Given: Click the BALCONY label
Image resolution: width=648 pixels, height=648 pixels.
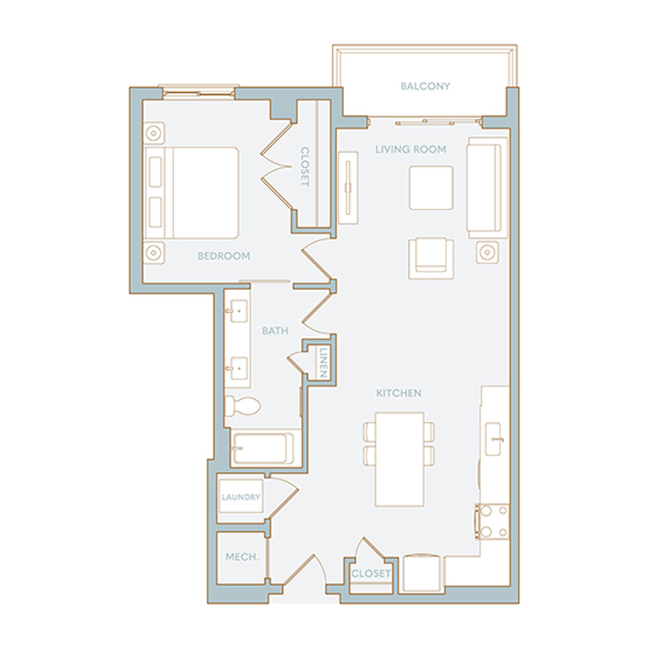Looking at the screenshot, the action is [x=425, y=86].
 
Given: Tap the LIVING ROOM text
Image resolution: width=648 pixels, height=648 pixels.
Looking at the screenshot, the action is [x=410, y=149].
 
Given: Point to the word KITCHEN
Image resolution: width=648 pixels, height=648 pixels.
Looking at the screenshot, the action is [x=398, y=393].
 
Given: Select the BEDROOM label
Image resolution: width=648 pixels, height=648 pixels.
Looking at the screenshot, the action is [x=224, y=256].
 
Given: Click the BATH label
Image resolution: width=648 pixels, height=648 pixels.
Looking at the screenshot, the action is [x=275, y=330].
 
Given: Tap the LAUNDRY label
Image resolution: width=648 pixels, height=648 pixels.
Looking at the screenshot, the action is [x=241, y=497].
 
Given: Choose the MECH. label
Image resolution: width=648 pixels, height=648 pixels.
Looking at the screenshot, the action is [x=242, y=557].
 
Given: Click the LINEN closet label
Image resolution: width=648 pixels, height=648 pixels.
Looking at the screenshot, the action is [x=323, y=362].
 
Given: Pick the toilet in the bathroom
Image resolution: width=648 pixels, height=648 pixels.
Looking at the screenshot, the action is [x=243, y=406].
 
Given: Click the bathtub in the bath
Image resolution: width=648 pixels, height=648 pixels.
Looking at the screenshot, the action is [x=262, y=449].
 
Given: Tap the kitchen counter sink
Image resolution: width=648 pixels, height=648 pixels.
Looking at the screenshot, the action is [x=493, y=439].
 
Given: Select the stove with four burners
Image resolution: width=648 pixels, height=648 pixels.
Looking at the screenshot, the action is [x=492, y=521].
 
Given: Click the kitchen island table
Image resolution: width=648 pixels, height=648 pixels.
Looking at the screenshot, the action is [x=400, y=459].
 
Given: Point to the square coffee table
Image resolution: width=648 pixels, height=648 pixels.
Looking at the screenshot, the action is [x=431, y=188].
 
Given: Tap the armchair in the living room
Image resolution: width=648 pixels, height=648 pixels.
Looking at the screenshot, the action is [x=431, y=258].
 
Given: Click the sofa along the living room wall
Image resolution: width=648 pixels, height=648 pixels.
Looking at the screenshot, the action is [x=487, y=188].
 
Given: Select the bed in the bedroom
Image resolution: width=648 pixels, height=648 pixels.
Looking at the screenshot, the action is [x=192, y=193].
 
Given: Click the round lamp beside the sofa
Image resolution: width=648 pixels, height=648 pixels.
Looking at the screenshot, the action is [x=487, y=252].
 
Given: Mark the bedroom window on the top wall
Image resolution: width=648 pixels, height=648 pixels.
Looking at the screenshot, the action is [x=199, y=92].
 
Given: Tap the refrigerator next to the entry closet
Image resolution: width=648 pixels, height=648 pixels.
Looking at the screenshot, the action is [x=423, y=573].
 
